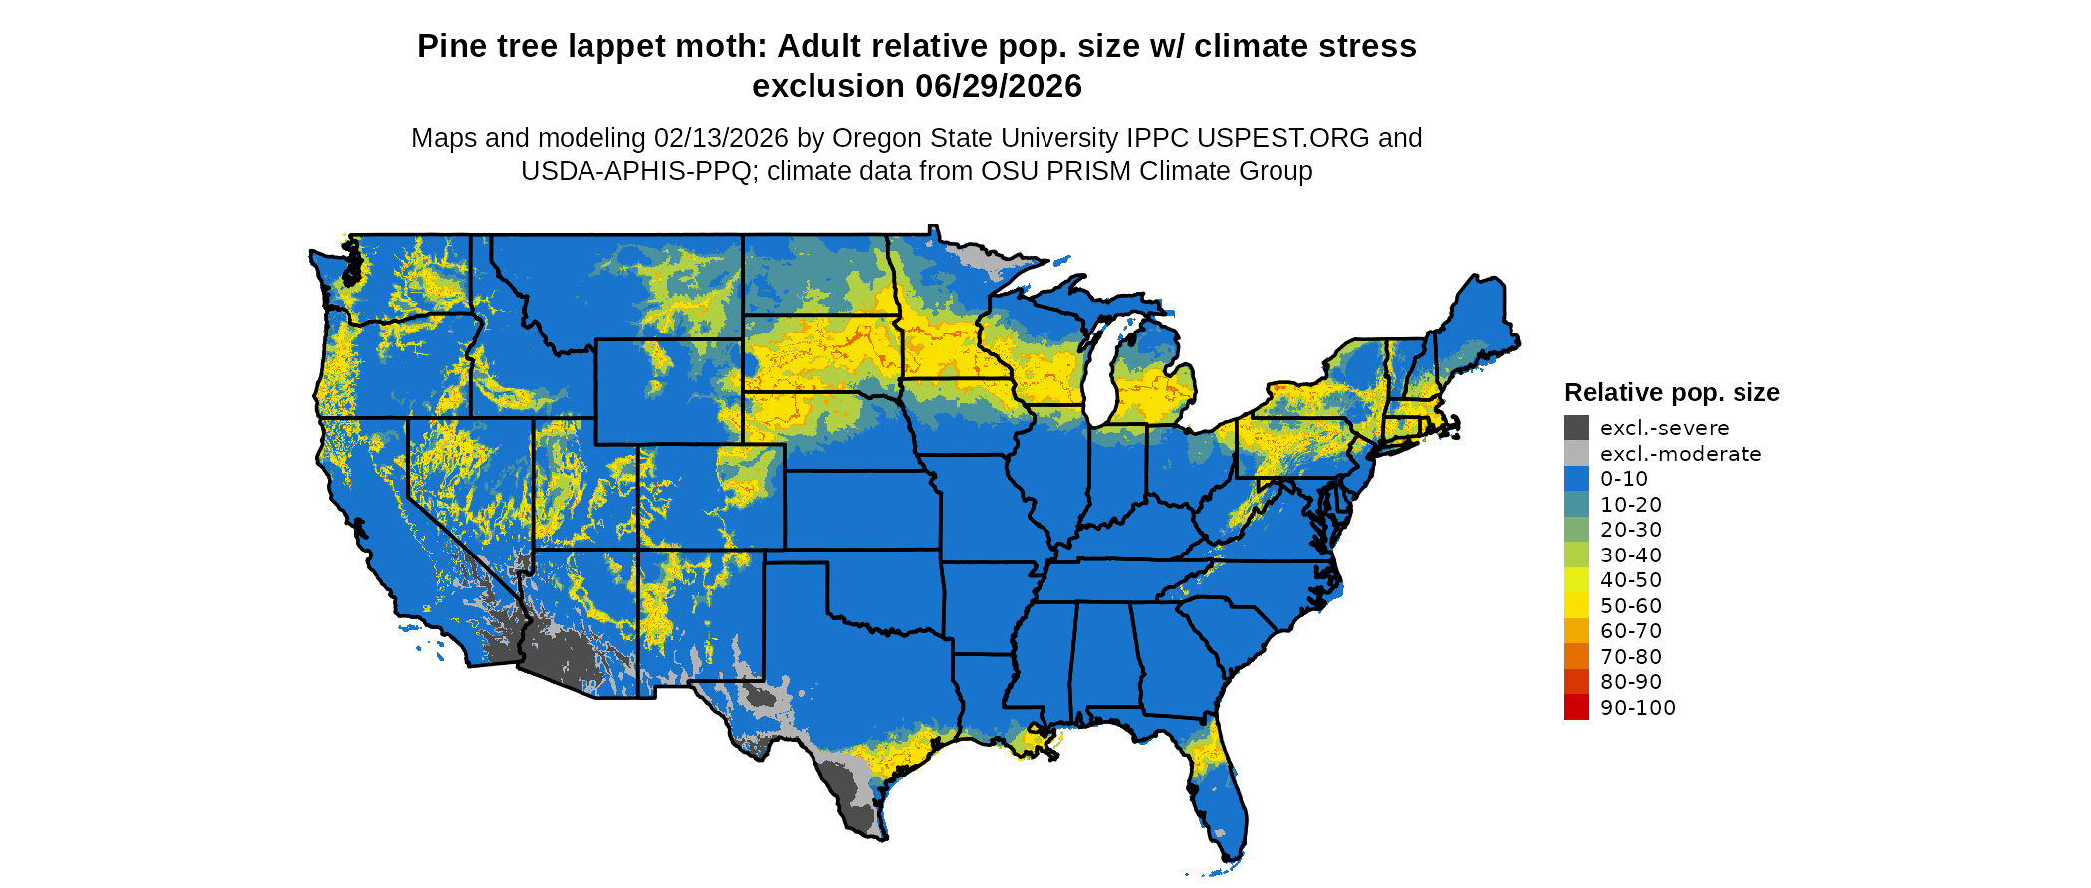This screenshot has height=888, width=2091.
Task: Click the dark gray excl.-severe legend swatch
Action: [1576, 428]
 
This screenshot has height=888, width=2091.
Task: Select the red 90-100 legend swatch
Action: [1576, 707]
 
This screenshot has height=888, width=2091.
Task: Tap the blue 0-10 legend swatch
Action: [1576, 479]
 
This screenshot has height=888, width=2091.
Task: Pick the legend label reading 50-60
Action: [1630, 606]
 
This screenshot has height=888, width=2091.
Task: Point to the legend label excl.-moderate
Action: [1680, 454]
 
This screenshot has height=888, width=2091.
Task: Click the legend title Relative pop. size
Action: [1671, 392]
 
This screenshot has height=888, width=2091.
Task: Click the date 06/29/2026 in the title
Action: [998, 87]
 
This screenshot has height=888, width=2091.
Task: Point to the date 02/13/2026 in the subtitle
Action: [720, 138]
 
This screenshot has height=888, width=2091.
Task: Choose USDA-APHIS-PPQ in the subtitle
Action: [635, 171]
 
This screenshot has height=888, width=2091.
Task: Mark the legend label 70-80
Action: [1630, 657]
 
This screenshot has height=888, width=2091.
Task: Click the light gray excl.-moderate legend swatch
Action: [1576, 454]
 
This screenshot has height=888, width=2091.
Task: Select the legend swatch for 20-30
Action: [1576, 530]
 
